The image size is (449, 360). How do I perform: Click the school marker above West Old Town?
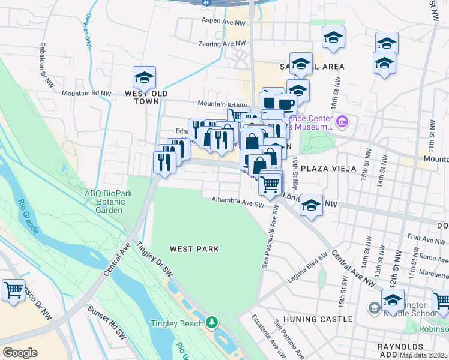tap(144, 78)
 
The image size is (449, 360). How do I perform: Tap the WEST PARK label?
tap(194, 248)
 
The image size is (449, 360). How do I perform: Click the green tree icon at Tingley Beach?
tap(211, 323)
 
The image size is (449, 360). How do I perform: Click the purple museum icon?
tap(342, 123)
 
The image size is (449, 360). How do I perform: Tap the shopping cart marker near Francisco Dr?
tap(13, 290)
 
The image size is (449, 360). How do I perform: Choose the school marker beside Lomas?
tap(311, 205)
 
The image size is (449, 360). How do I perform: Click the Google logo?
tap(20, 353)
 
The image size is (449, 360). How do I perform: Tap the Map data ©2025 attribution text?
tap(423, 355)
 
